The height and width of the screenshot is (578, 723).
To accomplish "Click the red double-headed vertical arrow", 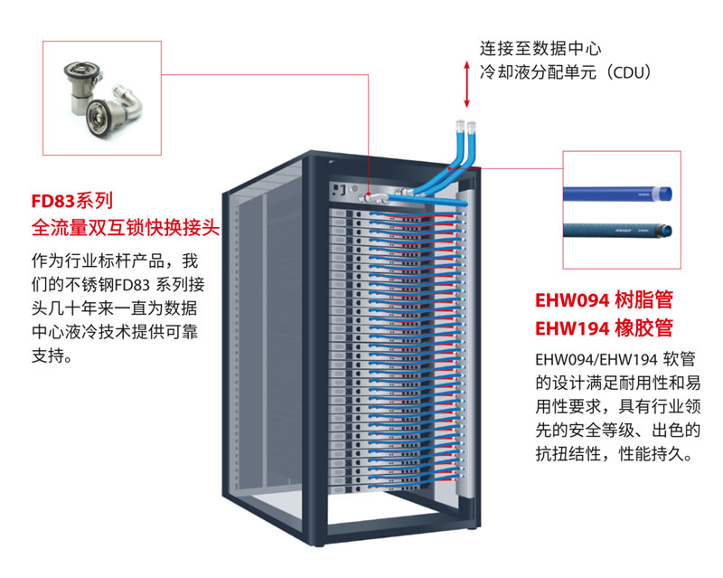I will [x=466, y=84].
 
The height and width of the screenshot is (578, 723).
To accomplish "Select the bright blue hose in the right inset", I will [x=618, y=192].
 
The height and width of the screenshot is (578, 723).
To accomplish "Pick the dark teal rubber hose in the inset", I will [x=618, y=232].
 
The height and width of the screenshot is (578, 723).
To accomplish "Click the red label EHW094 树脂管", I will [x=605, y=300].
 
